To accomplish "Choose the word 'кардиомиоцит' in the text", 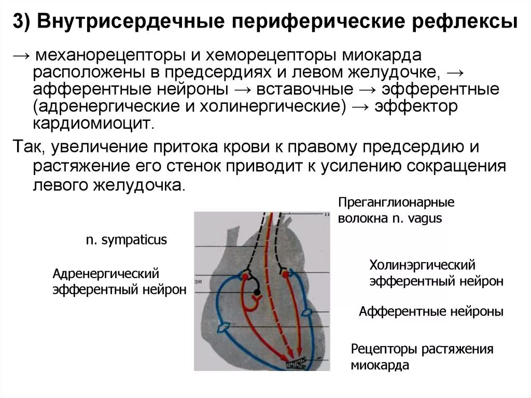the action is point(93,123).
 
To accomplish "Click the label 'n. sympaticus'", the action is point(126,240).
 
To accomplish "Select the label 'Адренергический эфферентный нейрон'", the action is point(119,281).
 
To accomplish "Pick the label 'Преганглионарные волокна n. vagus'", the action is point(396,210).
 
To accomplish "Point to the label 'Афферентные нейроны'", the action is point(431,311).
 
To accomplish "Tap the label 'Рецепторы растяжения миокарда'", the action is point(422,357).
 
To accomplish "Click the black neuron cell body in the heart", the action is point(257,294).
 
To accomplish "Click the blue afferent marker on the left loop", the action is point(225,327).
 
